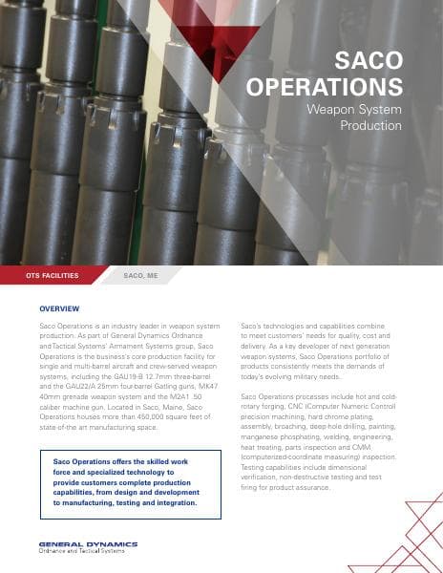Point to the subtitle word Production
tap(371, 125)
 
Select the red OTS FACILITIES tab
tap(53, 276)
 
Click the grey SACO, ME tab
tap(141, 276)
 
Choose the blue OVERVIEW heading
tap(59, 310)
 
